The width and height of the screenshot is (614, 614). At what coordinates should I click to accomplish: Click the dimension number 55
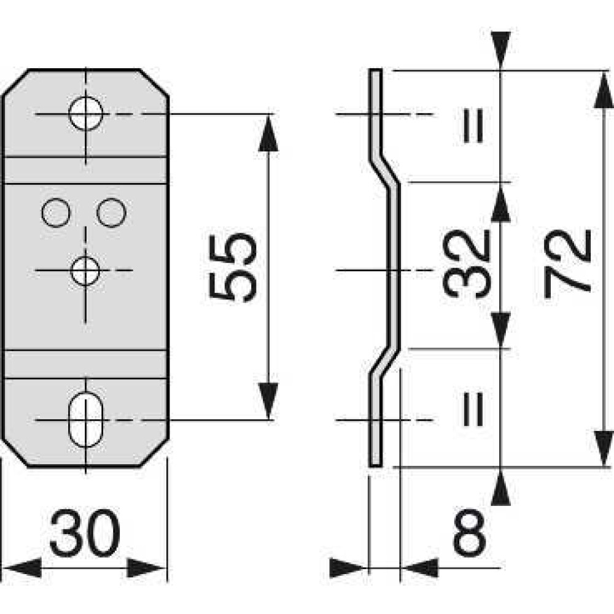click(231, 267)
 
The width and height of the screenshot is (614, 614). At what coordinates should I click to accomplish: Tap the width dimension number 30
click(84, 533)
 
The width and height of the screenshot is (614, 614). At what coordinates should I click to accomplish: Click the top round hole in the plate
click(85, 114)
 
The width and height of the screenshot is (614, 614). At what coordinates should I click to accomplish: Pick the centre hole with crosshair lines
click(85, 270)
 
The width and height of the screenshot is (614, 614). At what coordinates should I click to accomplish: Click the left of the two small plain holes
click(55, 212)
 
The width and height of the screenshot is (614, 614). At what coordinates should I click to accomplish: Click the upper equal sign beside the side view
click(473, 125)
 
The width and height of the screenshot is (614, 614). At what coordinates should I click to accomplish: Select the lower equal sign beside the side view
click(473, 409)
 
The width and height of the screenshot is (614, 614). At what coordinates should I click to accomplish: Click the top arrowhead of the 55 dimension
click(268, 132)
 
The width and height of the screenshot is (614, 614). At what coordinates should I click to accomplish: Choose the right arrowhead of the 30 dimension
click(147, 568)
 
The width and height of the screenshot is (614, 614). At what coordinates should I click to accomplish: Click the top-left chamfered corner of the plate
click(15, 82)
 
